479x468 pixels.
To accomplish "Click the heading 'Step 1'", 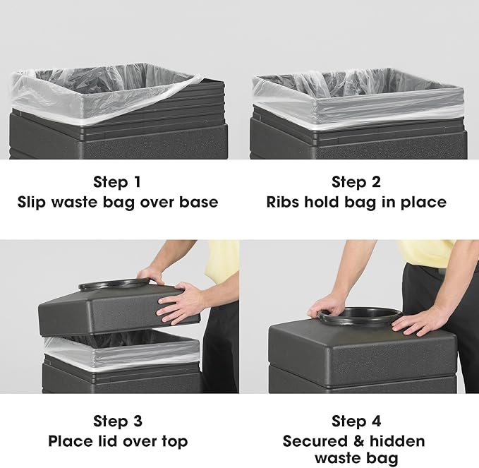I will (x=121, y=183).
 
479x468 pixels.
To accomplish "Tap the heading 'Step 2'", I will (x=358, y=183).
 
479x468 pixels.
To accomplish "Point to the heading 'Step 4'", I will (x=358, y=421).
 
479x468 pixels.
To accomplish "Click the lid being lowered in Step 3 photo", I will (x=106, y=311).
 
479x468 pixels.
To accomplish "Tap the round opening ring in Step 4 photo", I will (x=360, y=316).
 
